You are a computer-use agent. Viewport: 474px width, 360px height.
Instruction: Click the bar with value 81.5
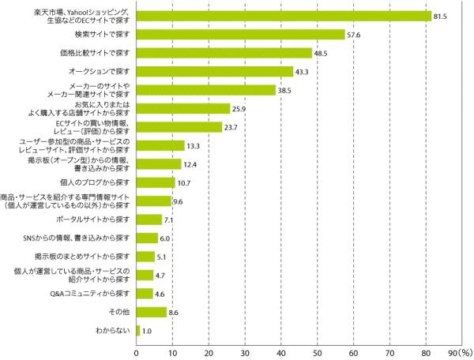pyautogui.click(x=284, y=16)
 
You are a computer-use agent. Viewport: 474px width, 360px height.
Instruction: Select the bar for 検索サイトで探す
pyautogui.click(x=241, y=35)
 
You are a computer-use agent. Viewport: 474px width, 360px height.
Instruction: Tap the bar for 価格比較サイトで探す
pyautogui.click(x=224, y=53)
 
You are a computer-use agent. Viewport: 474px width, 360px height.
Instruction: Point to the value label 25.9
pyautogui.click(x=241, y=108)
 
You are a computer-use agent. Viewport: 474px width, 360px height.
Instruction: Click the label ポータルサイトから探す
pyautogui.click(x=96, y=219)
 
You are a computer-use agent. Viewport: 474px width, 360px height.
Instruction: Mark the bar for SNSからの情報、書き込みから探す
pyautogui.click(x=148, y=238)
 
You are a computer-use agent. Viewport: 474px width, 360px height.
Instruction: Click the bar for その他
pyautogui.click(x=152, y=312)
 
